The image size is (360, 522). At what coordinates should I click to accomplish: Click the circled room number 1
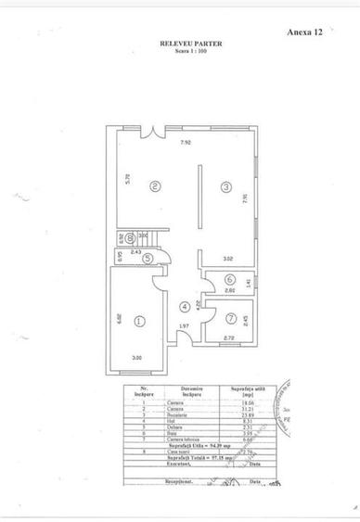(x=139, y=322)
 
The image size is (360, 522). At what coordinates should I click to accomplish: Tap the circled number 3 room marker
(x=225, y=187)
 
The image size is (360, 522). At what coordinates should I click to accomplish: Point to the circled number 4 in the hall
(x=185, y=307)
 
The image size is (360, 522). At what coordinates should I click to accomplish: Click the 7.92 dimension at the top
(x=186, y=143)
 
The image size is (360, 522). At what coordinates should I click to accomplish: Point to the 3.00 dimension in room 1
(x=136, y=357)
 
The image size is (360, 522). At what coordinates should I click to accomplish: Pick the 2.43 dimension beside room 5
(x=135, y=251)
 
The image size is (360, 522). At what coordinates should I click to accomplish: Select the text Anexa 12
(x=306, y=31)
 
